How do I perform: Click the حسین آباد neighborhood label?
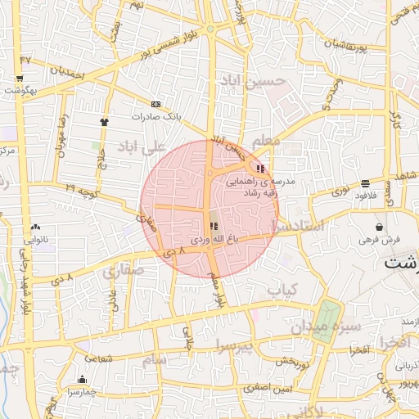coord(254,82)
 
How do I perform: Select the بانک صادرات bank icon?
coord(156,104)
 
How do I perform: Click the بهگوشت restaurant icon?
coord(19,79)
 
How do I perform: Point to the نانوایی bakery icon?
coord(34,228)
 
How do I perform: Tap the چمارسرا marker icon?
coord(82,380)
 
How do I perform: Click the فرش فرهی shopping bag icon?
coord(379,227)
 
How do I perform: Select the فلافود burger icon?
coord(364,183)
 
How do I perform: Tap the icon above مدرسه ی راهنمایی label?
coord(260,168)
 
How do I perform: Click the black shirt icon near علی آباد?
coord(104,122)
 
